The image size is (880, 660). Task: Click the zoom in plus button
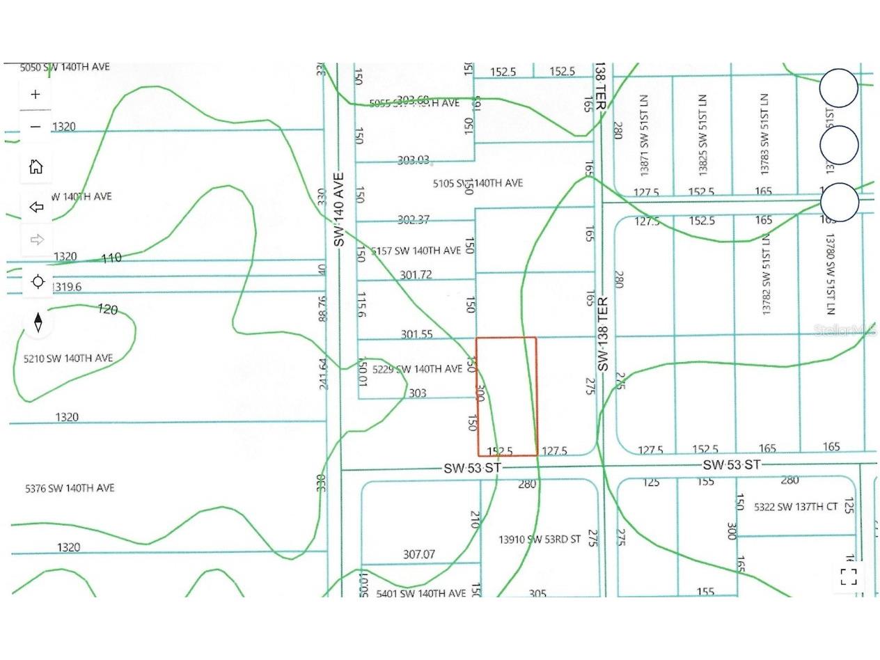pos(36,94)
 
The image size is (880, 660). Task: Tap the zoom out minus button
pos(36,127)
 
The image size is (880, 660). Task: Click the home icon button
pos(36,166)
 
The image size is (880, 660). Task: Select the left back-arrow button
pos(36,207)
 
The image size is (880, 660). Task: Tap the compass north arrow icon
pos(38,322)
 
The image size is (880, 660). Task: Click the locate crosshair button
pos(38,281)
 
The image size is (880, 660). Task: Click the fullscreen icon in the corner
pos(848,576)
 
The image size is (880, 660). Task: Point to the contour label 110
pos(111,258)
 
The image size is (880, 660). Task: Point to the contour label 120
pos(108,309)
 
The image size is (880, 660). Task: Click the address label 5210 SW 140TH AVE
pos(68,358)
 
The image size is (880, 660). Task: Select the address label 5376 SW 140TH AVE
pos(70,488)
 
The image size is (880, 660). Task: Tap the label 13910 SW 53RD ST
pos(540,539)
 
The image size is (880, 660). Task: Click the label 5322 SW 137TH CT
pos(795,507)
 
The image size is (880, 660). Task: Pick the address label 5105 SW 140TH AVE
pos(478,183)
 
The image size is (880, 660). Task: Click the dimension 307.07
pos(419,554)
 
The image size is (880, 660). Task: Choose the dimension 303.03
pos(413,160)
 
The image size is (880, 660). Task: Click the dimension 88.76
pos(321,309)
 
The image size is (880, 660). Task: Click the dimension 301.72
pos(416,275)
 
